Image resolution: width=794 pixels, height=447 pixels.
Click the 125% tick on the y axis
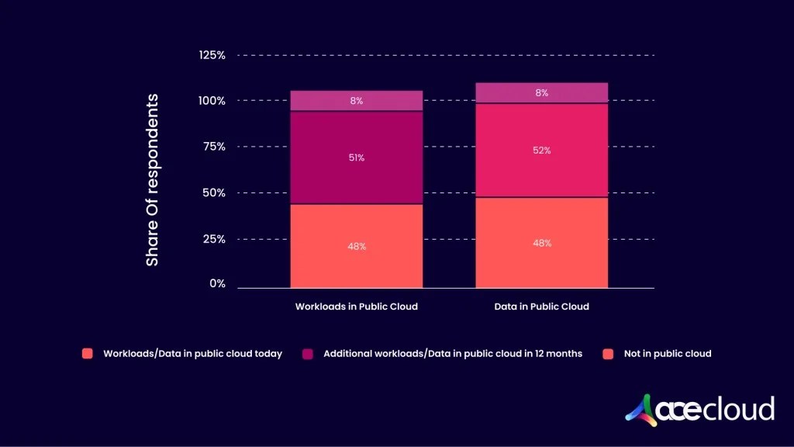(212, 55)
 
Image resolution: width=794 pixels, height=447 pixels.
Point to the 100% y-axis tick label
(212, 101)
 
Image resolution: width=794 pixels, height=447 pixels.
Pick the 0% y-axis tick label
(217, 284)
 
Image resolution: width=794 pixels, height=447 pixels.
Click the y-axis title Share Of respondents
(152, 180)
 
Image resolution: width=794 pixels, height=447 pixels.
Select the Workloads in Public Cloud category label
(356, 307)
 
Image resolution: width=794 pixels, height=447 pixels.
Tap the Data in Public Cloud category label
(541, 307)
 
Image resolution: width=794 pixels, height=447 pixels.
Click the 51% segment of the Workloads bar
(356, 158)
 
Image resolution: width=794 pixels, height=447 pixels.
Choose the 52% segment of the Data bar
(541, 151)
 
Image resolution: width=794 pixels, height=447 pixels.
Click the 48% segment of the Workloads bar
(356, 246)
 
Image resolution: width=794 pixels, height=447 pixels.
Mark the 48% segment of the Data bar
(541, 243)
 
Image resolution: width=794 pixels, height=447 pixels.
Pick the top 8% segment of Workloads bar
(356, 101)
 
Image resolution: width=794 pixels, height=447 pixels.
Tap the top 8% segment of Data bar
(541, 92)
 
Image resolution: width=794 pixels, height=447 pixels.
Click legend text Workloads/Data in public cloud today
(192, 354)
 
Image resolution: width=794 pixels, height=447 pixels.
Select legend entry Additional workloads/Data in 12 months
(452, 354)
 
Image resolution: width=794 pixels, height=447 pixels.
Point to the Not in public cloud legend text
(667, 354)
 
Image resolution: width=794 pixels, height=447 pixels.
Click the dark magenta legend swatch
(307, 354)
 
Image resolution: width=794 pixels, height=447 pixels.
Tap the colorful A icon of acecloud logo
(640, 409)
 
